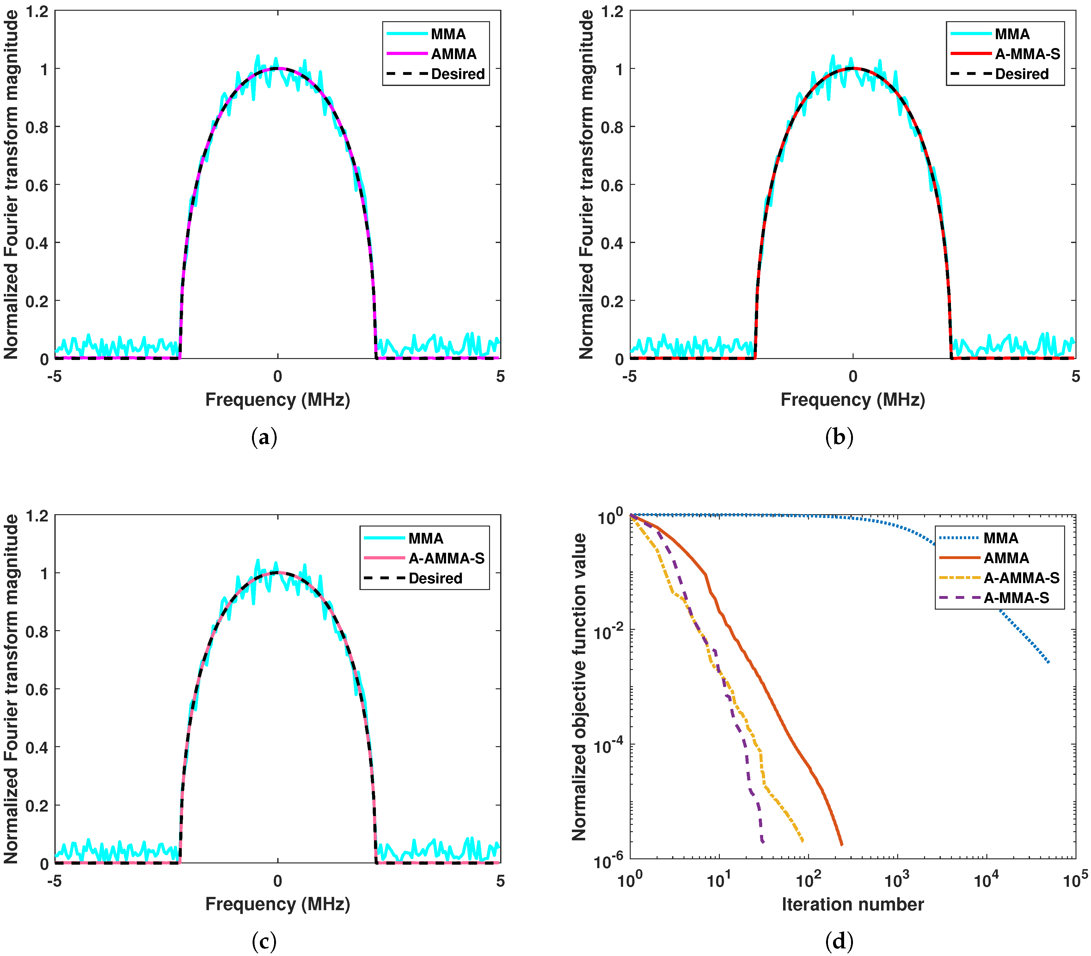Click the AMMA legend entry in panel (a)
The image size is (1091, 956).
[x=453, y=54]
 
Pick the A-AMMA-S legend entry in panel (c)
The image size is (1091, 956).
[x=446, y=558]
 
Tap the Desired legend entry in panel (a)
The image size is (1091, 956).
[x=457, y=74]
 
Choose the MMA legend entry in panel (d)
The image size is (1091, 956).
[x=1001, y=538]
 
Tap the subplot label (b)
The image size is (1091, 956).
[x=839, y=437]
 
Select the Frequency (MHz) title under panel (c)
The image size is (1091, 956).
[x=278, y=904]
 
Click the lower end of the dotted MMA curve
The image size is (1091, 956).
[x=1049, y=663]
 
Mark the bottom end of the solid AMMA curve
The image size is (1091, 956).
[x=842, y=845]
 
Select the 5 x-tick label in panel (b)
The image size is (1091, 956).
[x=1076, y=377]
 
